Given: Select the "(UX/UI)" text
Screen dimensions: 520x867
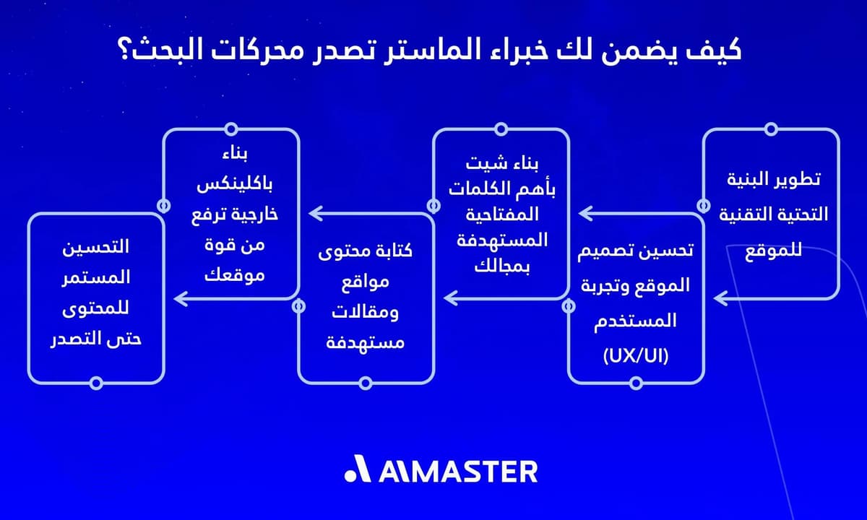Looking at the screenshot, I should [x=636, y=355].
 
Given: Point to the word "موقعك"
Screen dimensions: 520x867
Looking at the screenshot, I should [x=233, y=276].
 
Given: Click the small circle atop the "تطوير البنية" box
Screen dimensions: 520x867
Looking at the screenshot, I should [x=771, y=129].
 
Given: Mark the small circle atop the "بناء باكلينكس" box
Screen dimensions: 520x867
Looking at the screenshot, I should [x=231, y=129].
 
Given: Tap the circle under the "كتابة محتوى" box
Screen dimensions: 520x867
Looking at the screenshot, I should [x=366, y=382].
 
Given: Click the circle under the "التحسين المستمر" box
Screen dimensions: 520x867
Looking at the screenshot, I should [x=95, y=382].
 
